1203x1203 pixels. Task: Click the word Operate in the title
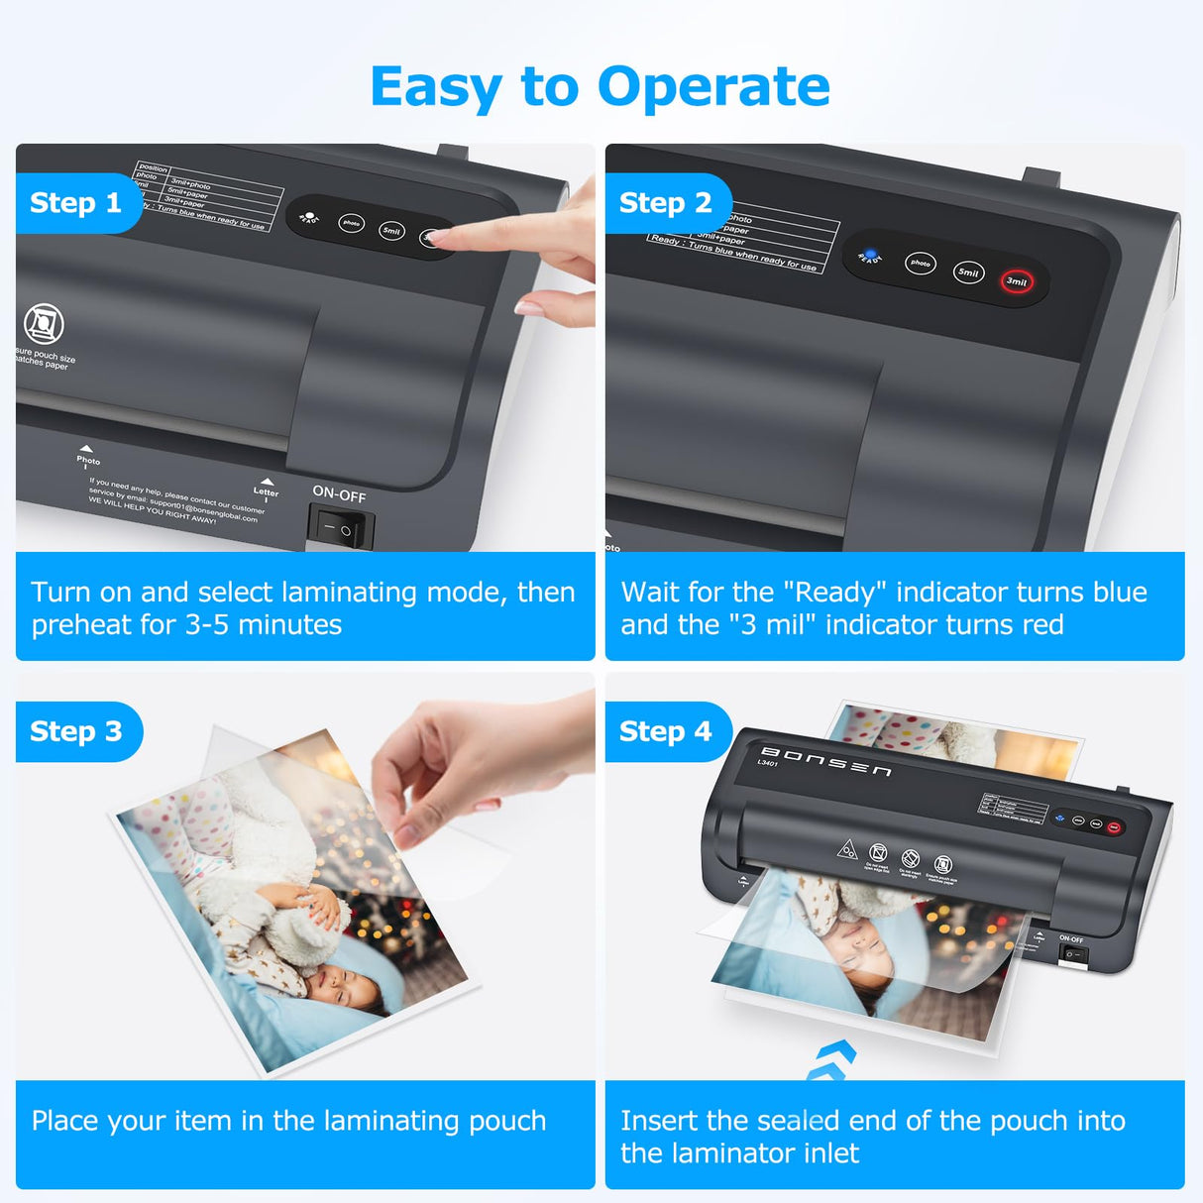713,87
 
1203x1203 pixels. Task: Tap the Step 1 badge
75,203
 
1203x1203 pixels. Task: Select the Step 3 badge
75,731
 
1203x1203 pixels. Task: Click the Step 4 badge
665,731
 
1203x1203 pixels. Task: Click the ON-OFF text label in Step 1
339,493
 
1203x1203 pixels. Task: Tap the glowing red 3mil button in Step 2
1017,281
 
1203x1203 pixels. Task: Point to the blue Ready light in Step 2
870,255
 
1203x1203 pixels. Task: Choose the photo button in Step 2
921,264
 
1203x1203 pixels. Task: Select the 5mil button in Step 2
968,273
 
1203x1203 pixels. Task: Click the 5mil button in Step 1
391,231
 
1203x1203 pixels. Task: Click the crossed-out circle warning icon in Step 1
44,324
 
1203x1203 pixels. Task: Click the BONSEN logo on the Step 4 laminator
825,762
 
